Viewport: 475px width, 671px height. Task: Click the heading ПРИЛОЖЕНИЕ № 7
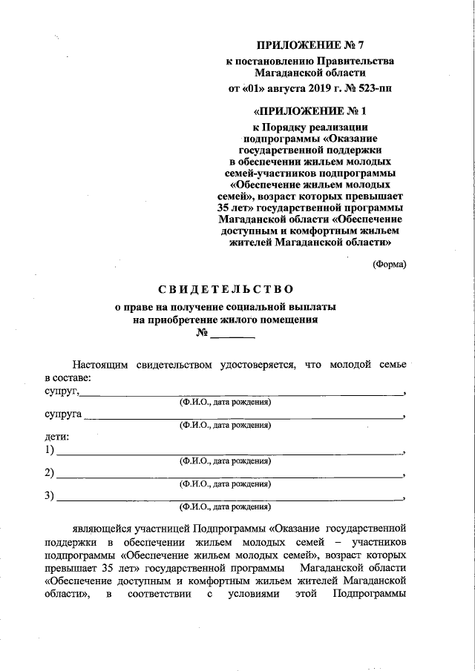tap(310, 46)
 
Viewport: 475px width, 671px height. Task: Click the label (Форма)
tap(389, 264)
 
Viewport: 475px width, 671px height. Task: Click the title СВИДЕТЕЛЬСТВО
tap(226, 288)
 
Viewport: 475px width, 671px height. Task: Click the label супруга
tap(63, 414)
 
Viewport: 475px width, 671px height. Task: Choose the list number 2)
tap(50, 473)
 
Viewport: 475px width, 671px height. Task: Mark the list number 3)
tap(50, 496)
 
